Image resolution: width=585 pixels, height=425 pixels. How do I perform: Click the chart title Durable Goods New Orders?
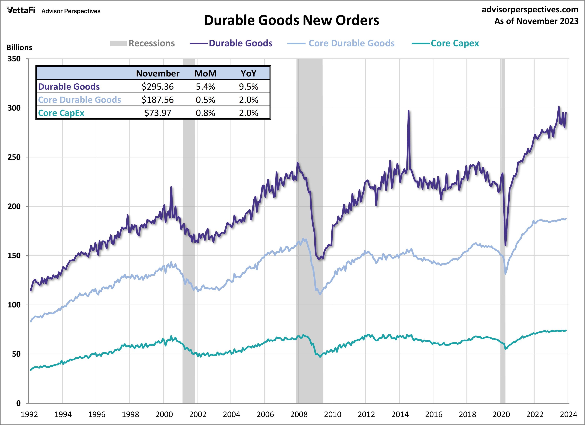point(291,20)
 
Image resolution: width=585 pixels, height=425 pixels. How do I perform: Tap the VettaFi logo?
point(21,10)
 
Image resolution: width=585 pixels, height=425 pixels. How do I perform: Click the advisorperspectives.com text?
point(530,10)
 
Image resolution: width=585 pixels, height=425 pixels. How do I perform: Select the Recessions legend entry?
point(142,43)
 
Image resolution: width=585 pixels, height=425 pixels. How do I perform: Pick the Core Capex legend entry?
point(445,43)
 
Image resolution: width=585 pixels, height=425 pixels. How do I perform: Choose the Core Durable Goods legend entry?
point(341,43)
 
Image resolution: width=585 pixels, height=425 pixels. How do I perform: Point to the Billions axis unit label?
point(19,48)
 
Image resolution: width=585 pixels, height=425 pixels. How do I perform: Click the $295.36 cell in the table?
point(158,87)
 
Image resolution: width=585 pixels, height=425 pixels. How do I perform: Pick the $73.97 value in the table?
point(158,113)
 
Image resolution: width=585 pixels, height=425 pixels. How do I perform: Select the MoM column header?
point(205,73)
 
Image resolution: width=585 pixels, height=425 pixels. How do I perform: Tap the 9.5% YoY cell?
point(248,87)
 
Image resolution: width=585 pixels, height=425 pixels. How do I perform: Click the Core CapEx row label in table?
point(61,113)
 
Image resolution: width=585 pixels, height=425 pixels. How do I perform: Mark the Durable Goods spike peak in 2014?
point(409,111)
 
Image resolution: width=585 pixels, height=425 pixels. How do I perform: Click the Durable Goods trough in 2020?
point(505,245)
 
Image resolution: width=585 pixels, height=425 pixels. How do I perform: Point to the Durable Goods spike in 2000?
point(171,187)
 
